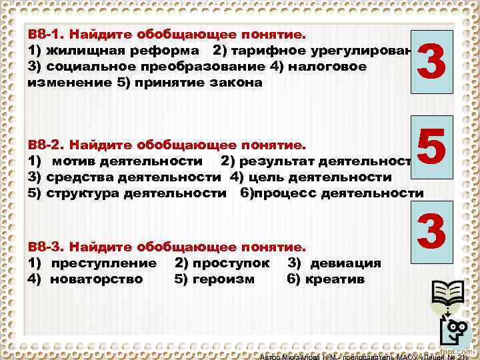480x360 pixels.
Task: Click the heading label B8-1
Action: point(47,34)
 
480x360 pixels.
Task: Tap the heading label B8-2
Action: point(47,145)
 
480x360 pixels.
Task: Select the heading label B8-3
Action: point(47,246)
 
